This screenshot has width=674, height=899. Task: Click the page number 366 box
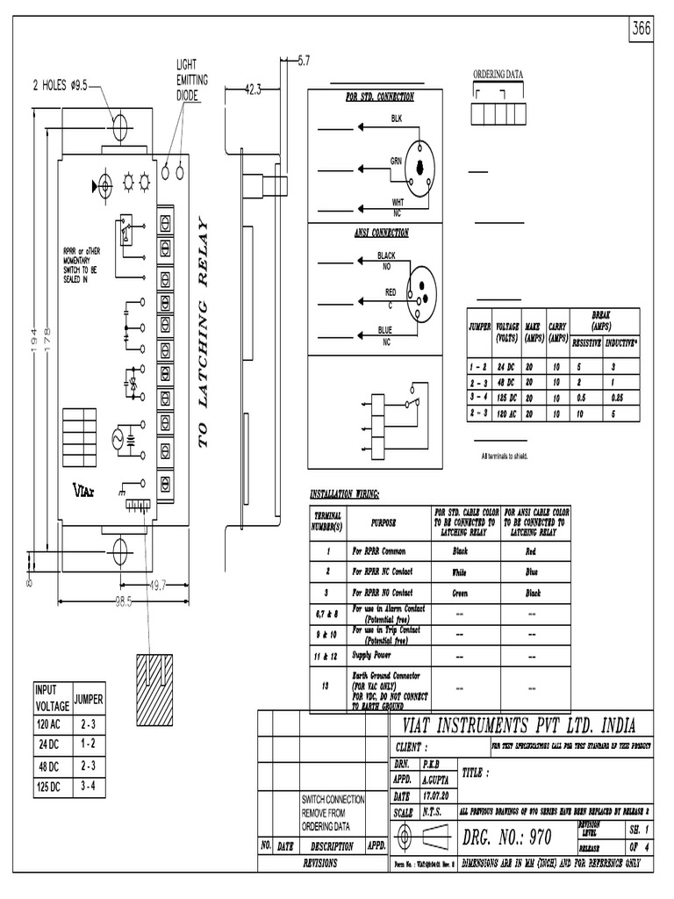[645, 28]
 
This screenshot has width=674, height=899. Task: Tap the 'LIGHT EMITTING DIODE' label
[192, 80]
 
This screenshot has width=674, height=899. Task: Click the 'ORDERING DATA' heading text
[498, 75]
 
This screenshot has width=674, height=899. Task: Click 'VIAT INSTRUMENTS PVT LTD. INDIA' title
[518, 726]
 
